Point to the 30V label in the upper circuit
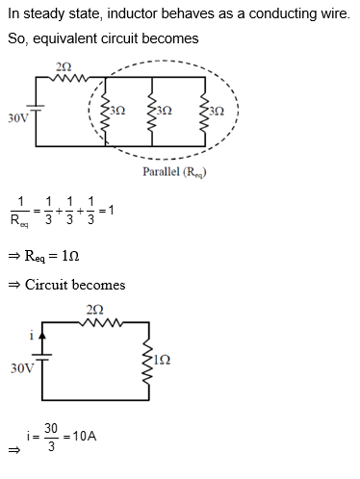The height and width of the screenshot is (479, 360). tap(16, 117)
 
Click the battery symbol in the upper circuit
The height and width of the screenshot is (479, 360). tap(37, 114)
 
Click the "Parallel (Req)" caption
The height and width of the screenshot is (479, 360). tap(175, 172)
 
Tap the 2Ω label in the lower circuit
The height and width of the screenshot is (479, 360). tap(94, 309)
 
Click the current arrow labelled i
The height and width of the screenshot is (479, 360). tap(39, 338)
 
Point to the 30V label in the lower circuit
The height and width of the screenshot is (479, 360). tap(18, 368)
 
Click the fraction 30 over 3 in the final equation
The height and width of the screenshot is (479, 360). tap(51, 437)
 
